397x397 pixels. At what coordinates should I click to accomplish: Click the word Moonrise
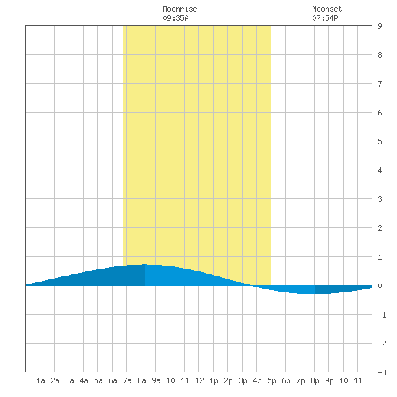180,9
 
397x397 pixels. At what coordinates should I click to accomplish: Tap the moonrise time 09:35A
175,18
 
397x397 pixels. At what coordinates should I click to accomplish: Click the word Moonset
327,9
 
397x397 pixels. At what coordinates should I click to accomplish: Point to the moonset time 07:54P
325,18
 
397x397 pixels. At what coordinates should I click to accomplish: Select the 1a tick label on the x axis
40,380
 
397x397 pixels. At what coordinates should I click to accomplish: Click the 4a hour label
84,380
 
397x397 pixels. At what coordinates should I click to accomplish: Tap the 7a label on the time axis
127,380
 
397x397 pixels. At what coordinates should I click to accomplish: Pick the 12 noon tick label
199,380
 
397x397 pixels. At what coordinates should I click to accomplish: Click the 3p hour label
243,380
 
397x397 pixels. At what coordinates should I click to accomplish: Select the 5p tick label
271,380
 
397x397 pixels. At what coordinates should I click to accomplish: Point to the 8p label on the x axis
315,380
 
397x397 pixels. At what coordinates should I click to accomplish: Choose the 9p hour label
329,380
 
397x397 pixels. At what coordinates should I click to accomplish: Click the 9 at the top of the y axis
380,26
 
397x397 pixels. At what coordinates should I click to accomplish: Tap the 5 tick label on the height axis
380,141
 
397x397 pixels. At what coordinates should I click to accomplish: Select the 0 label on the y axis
380,286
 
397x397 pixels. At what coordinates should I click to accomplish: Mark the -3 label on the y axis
382,372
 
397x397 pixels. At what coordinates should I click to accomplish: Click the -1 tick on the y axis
382,315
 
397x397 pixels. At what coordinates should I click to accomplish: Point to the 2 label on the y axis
380,228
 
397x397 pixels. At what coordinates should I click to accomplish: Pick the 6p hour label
286,380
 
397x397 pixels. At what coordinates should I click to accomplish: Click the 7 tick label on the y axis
380,84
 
